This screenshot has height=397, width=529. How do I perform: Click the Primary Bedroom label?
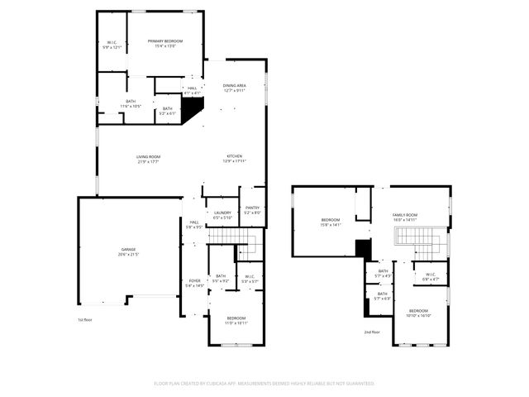pyautogui.click(x=165, y=41)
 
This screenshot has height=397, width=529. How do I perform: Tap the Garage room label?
pyautogui.click(x=128, y=249)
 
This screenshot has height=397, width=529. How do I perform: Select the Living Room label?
pyautogui.click(x=149, y=157)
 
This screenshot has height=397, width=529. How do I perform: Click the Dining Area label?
pyautogui.click(x=235, y=86)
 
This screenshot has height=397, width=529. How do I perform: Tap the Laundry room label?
pyautogui.click(x=222, y=213)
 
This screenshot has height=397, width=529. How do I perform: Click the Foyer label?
pyautogui.click(x=194, y=281)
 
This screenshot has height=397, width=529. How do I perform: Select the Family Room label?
pyautogui.click(x=405, y=215)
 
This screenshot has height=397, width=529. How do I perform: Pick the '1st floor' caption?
pyautogui.click(x=85, y=319)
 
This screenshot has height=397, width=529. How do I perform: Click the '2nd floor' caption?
pyautogui.click(x=372, y=332)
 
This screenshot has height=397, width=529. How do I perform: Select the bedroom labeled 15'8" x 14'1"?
pyautogui.click(x=331, y=222)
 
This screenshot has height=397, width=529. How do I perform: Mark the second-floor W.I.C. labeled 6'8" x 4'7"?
pyautogui.click(x=431, y=276)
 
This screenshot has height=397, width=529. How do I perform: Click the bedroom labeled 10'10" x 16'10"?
pyautogui.click(x=418, y=313)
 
